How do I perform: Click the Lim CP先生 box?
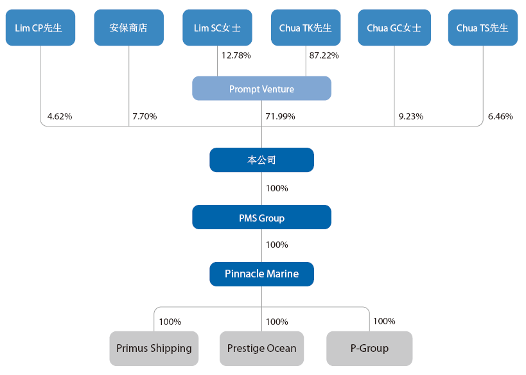tap(40, 28)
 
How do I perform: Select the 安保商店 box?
tap(128, 28)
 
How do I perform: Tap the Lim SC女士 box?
tap(217, 28)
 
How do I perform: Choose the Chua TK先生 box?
tap(306, 28)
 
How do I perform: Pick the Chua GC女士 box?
tap(394, 28)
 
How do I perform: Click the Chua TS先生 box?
tap(482, 28)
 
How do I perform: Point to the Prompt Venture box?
tap(261, 89)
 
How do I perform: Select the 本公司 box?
tap(261, 160)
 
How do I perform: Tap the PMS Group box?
tap(261, 218)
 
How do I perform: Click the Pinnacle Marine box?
tap(261, 274)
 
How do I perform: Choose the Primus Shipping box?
tap(154, 348)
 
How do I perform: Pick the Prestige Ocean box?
tap(261, 348)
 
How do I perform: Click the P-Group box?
tap(369, 348)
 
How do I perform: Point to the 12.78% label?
tap(236, 56)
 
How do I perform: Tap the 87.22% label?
tap(324, 56)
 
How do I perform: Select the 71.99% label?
tap(280, 116)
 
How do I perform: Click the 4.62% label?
tap(60, 116)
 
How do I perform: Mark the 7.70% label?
tap(145, 116)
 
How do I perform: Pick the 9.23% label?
tap(411, 116)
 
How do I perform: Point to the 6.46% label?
tap(500, 116)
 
